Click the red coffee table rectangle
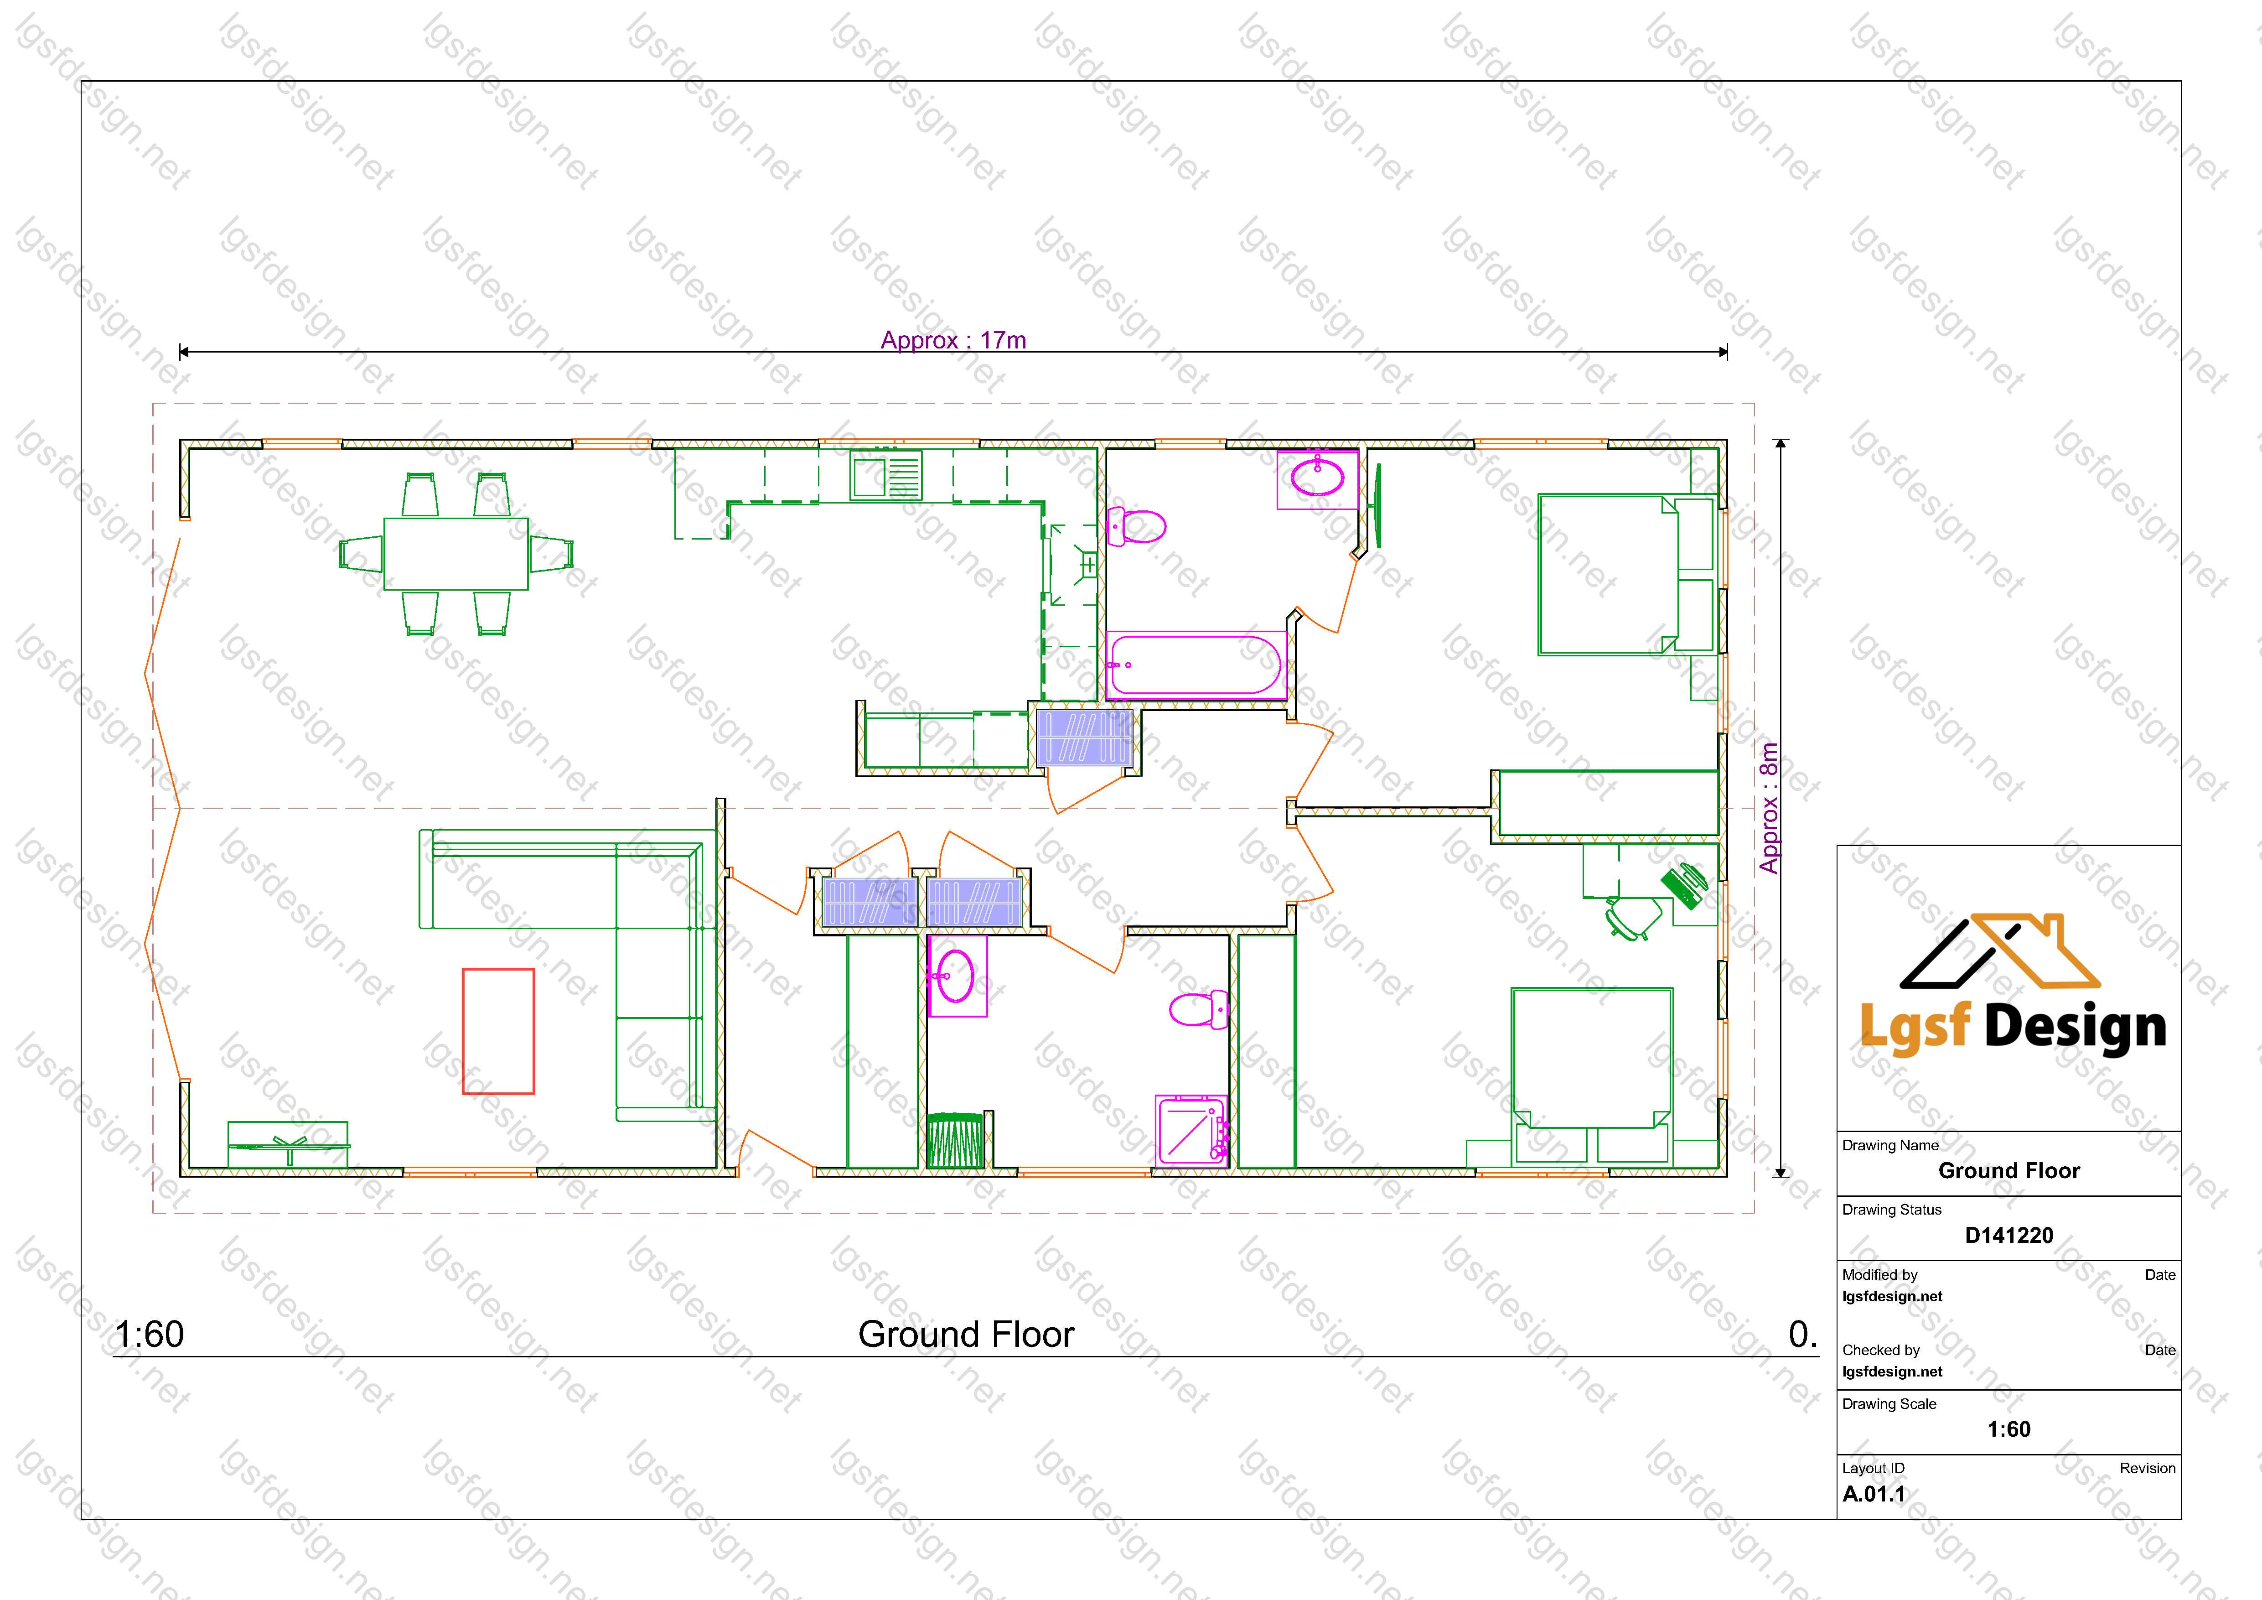click(498, 1030)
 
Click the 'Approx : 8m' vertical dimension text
click(1770, 808)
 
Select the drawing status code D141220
click(2009, 1236)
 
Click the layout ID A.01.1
click(1874, 1494)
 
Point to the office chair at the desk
click(1632, 917)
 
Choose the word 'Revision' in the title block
click(2148, 1468)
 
